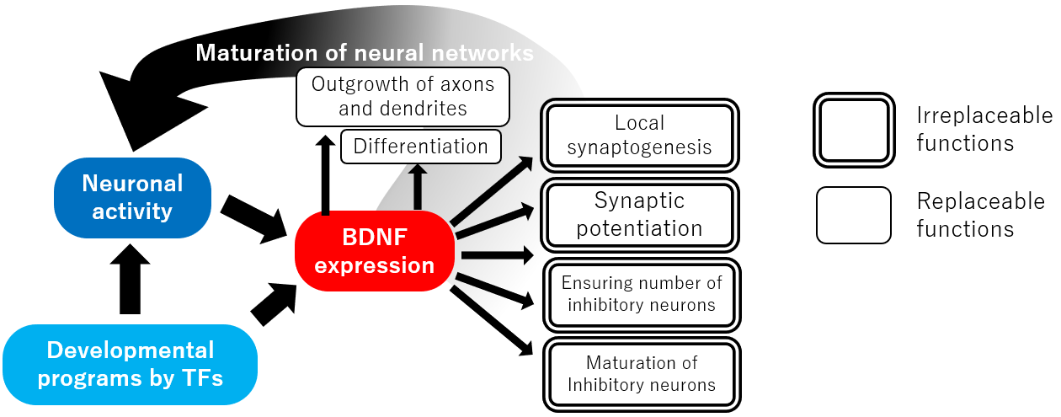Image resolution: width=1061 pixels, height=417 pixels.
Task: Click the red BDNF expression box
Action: coord(375,250)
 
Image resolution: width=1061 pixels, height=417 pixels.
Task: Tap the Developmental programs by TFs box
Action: coord(130,363)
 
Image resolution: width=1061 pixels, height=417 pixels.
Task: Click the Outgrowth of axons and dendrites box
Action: coord(403,96)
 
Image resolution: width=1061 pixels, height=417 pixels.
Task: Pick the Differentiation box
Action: coord(420,147)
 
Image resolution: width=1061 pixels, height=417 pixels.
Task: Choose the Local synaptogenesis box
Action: coord(640,136)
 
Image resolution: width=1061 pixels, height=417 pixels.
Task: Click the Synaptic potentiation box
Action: coord(640,214)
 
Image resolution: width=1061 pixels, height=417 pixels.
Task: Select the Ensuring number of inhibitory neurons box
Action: coord(641,294)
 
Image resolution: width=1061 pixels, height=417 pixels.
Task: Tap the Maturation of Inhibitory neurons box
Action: coord(641,374)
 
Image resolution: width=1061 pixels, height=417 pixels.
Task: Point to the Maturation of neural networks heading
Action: coord(365,53)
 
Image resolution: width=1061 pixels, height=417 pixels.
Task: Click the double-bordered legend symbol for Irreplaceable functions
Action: coord(853,130)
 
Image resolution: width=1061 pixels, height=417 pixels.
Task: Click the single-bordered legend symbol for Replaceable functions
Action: coord(853,215)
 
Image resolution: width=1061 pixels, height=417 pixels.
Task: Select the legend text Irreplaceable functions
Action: coord(984,129)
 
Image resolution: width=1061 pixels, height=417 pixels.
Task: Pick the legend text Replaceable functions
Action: coord(980,215)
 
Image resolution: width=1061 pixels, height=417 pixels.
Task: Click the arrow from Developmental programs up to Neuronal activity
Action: coord(130,278)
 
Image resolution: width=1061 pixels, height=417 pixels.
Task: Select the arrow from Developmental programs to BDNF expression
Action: coord(274,304)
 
